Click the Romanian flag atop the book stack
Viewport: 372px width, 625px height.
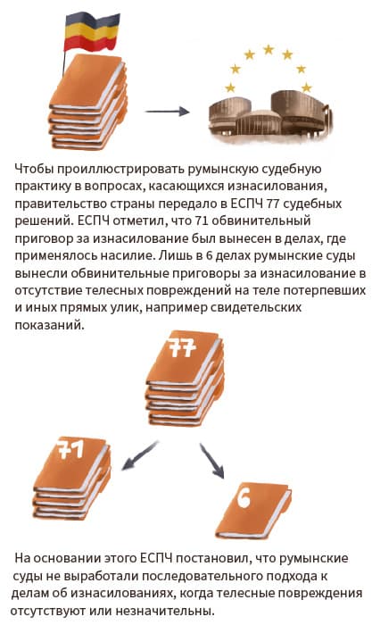[92, 32]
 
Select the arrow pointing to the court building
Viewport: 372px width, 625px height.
[167, 112]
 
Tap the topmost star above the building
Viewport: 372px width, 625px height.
[269, 50]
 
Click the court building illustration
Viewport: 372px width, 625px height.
[269, 115]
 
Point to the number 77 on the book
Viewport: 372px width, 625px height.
[182, 348]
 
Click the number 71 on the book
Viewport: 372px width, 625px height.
[70, 450]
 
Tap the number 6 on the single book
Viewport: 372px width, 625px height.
[244, 498]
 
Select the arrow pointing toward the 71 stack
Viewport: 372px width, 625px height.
[140, 455]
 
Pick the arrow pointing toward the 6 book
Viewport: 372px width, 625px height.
[212, 461]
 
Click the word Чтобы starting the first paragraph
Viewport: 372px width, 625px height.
[34, 169]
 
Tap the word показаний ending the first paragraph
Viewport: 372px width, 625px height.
[50, 325]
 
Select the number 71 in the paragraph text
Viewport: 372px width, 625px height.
[202, 221]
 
